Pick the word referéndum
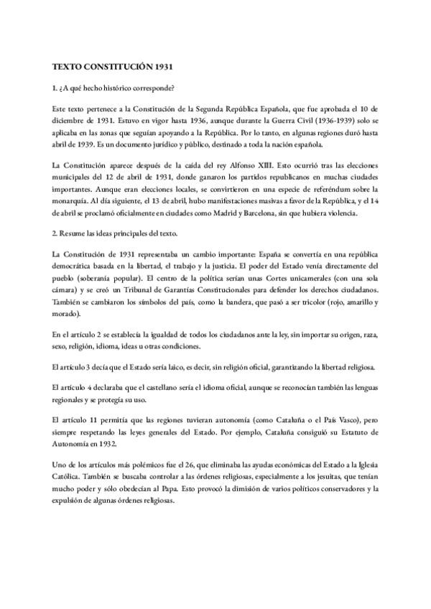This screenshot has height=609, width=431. click(x=312, y=189)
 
